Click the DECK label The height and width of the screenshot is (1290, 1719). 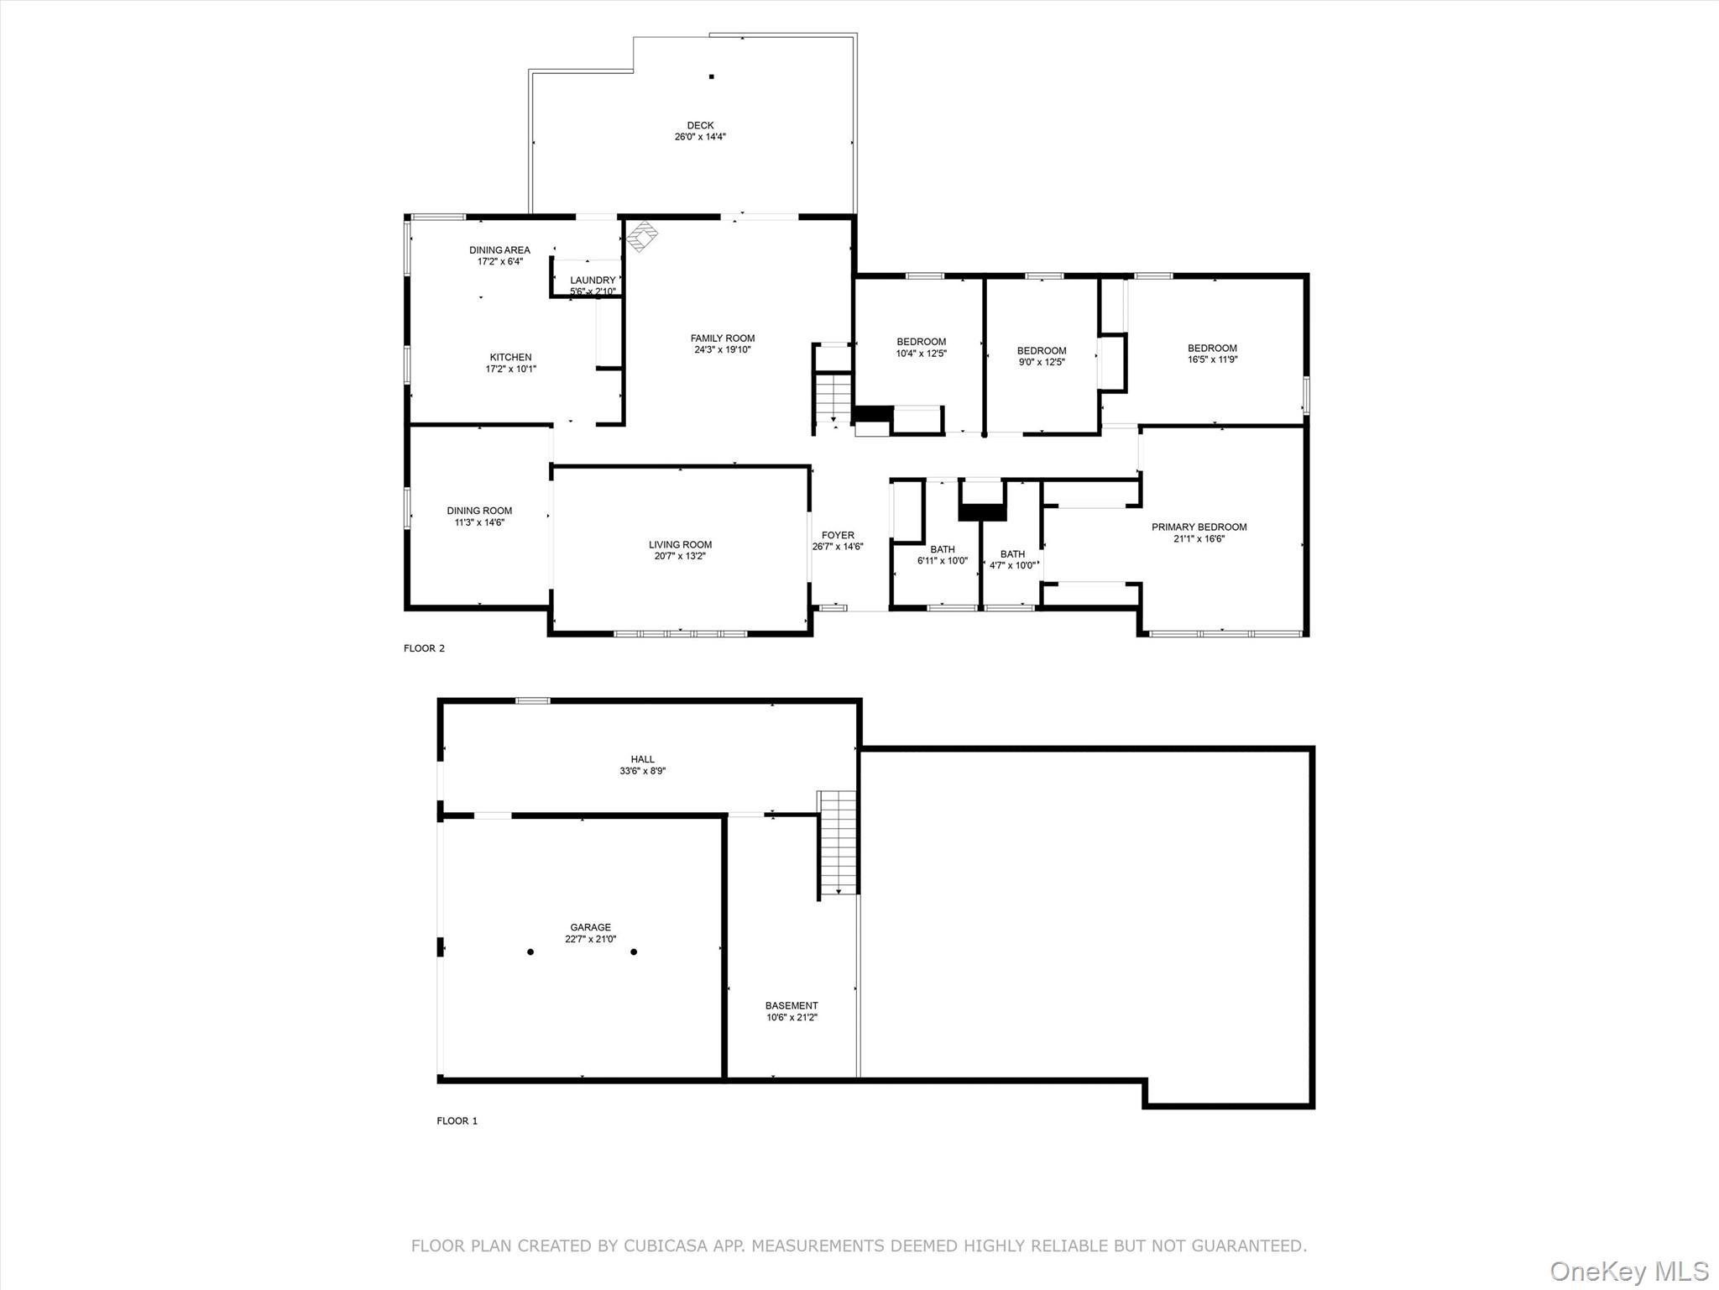click(700, 126)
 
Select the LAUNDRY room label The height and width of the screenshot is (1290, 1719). click(593, 281)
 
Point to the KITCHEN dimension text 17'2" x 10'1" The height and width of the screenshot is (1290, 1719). click(510, 369)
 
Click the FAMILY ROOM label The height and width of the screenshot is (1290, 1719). click(723, 338)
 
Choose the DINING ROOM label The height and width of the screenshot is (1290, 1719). click(479, 511)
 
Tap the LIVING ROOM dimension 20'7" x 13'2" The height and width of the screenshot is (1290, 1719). click(680, 556)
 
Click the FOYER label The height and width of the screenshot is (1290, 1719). click(838, 535)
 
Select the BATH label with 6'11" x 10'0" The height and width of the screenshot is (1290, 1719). click(943, 549)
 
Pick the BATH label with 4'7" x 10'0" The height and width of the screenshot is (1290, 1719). click(1012, 554)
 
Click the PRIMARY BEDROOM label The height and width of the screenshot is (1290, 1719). click(1199, 527)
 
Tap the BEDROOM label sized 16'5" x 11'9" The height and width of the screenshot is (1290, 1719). click(1212, 348)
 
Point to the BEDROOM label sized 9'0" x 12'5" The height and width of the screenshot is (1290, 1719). click(1042, 351)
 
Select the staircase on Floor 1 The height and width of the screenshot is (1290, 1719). click(838, 842)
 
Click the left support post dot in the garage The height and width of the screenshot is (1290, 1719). click(530, 952)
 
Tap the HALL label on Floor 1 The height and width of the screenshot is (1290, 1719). click(643, 759)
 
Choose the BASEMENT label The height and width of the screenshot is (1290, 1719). click(792, 1005)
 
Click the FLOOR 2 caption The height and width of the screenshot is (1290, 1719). click(424, 648)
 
